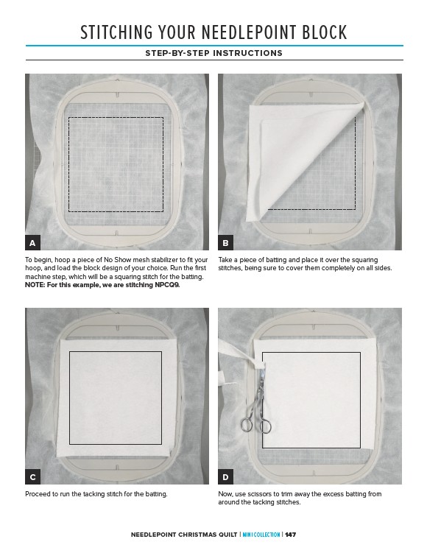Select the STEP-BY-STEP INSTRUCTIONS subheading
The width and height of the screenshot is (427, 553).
click(x=213, y=53)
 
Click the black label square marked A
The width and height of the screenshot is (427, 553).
click(x=32, y=243)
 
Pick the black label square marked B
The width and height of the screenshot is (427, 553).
click(x=226, y=243)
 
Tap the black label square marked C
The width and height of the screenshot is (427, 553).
click(x=32, y=477)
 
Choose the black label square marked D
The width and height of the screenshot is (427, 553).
click(x=226, y=477)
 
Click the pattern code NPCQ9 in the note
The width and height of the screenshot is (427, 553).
click(x=167, y=285)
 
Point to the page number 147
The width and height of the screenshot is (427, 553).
click(x=291, y=535)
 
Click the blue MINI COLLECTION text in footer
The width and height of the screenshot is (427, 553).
click(x=261, y=535)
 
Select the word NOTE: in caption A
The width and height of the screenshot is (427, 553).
click(x=35, y=285)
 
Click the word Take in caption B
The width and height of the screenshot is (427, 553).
click(x=225, y=260)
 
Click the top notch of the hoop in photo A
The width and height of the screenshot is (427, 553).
click(x=117, y=95)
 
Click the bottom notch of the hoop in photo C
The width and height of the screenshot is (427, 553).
click(x=117, y=468)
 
